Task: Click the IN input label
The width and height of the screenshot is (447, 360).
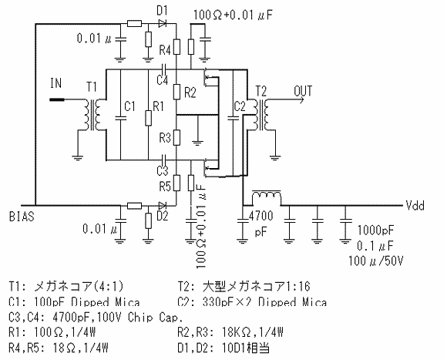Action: pos(55,82)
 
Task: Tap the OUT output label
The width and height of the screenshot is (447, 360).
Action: pos(304,90)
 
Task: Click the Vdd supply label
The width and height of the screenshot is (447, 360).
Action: pos(416,206)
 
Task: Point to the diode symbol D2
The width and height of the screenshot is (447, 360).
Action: pos(163,205)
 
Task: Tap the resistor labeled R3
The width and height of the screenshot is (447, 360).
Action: pos(176,138)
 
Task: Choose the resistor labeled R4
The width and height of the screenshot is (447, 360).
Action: pos(176,49)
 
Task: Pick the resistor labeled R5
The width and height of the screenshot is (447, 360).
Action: pos(176,184)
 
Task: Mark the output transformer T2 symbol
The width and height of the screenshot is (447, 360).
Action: pos(257,116)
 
